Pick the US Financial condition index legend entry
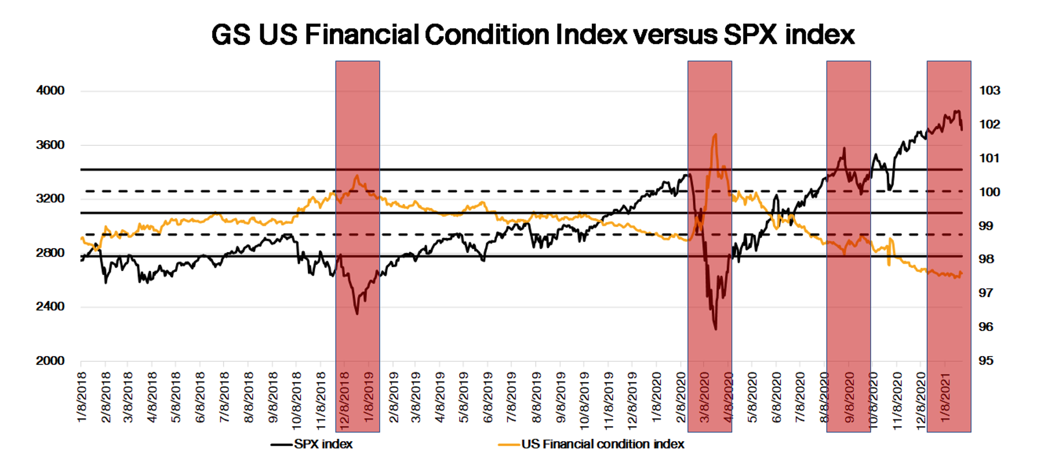(602, 444)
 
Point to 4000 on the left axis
(51, 90)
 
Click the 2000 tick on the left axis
(51, 361)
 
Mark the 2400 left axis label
(51, 306)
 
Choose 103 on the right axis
(990, 90)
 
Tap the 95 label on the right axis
(986, 361)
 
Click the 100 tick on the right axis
(990, 192)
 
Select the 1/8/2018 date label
(82, 397)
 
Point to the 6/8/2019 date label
(488, 397)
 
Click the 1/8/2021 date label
(945, 397)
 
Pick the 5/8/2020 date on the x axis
(752, 397)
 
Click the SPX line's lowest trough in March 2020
(715, 330)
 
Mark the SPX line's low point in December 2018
(357, 314)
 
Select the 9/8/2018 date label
(272, 397)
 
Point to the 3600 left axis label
(51, 145)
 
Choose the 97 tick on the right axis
(986, 293)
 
